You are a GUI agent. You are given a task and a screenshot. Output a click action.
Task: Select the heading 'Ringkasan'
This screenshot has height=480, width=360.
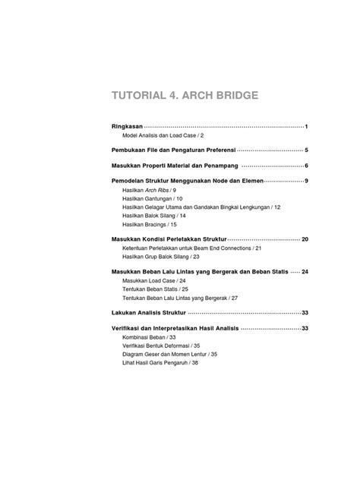(x=122, y=125)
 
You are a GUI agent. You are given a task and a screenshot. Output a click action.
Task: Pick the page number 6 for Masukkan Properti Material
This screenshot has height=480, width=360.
(x=305, y=166)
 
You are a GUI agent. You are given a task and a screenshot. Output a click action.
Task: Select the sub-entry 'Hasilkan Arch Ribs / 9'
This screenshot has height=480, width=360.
(x=149, y=190)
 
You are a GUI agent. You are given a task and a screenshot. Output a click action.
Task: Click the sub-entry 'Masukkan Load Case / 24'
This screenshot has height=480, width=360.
(x=154, y=281)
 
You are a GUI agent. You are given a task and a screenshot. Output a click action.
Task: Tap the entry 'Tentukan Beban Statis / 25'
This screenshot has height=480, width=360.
(x=155, y=289)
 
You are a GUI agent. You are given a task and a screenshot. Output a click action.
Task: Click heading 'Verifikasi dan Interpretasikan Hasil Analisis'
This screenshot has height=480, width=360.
(x=175, y=328)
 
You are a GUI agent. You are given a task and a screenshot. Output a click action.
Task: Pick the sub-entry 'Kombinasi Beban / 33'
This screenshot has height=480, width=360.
(x=149, y=337)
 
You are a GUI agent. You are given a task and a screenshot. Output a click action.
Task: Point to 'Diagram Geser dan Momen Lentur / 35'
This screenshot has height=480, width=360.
(x=169, y=354)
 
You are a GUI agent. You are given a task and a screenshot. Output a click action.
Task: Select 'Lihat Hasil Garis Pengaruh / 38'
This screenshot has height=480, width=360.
(x=160, y=363)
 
